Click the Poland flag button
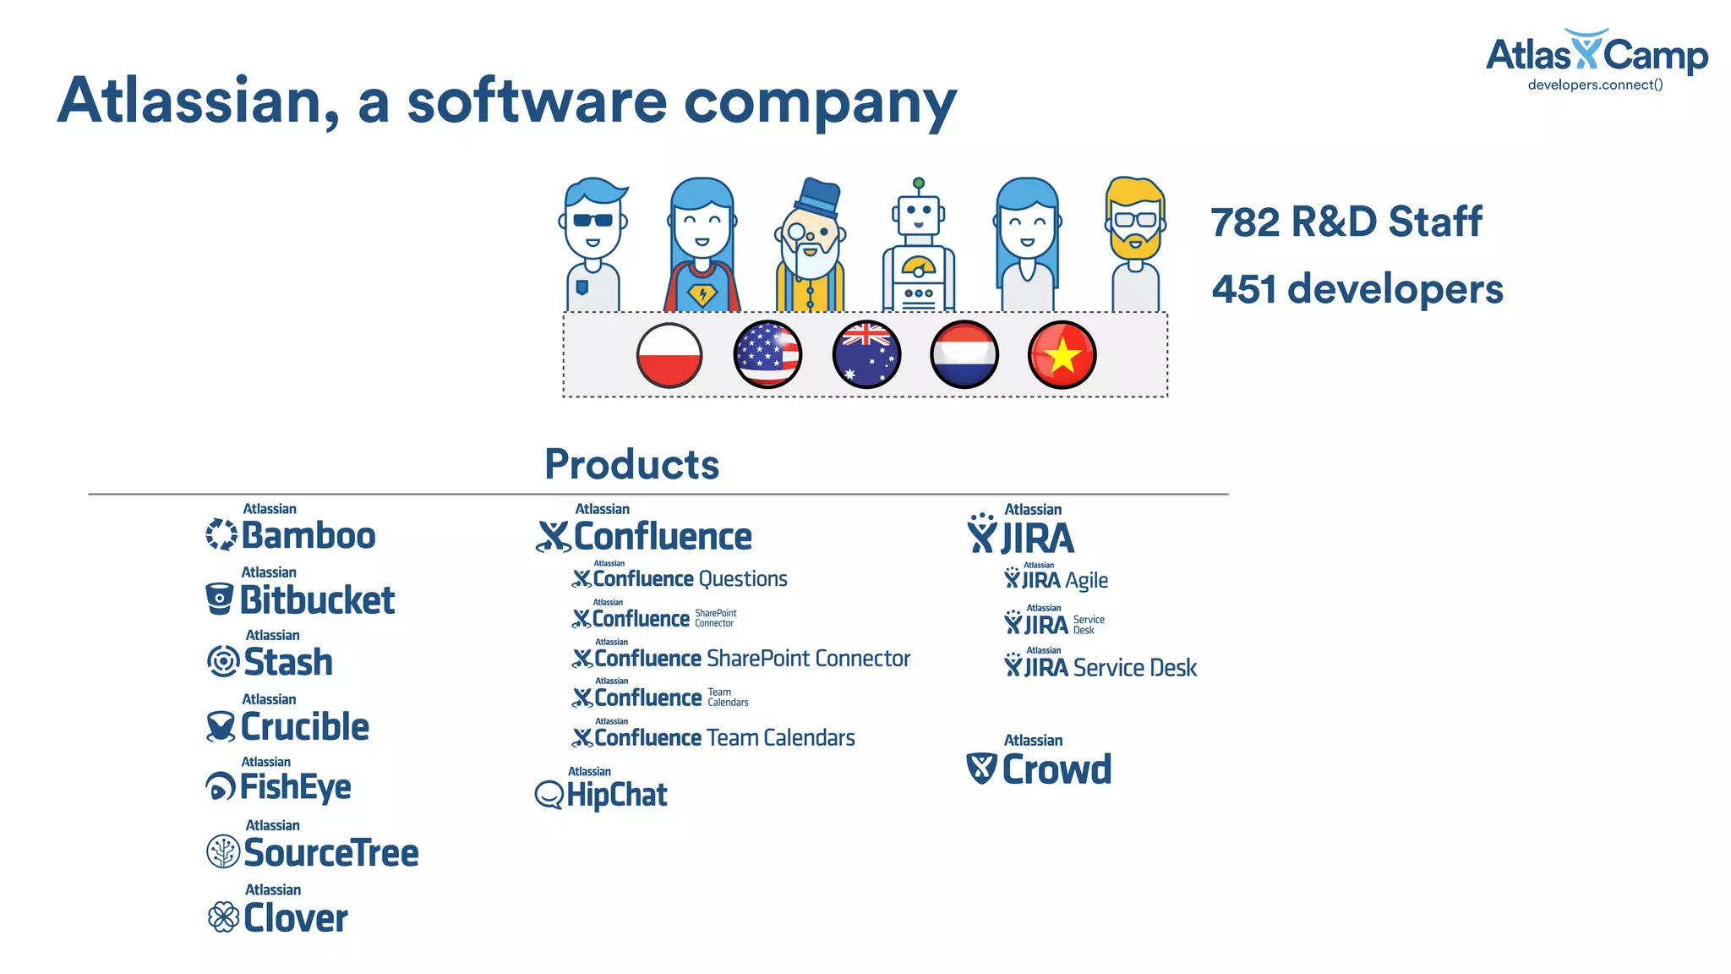coord(669,355)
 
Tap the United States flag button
coord(767,355)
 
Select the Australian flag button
coord(866,355)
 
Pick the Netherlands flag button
coord(964,355)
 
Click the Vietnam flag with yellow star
coord(1062,355)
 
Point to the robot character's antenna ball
coord(919,183)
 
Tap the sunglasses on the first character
coord(592,220)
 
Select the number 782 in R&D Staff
coord(1245,222)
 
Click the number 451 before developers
coord(1243,289)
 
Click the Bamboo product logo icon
coord(221,534)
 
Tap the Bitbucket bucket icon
coord(220,599)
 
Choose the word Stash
coord(288,662)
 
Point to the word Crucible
coord(305,727)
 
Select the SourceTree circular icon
coord(223,851)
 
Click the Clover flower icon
coord(223,917)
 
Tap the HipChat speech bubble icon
coord(549,795)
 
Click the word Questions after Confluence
coord(743,579)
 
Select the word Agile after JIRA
coord(1086,581)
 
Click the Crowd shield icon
coord(981,768)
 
